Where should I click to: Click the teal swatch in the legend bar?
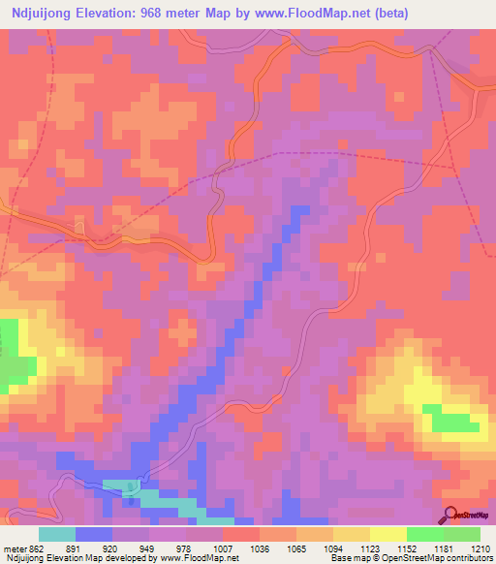pos(57,534)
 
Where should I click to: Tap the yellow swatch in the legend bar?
pos(388,534)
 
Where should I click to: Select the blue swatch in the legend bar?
pos(94,534)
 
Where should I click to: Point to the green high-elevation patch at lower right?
pos(454,422)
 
